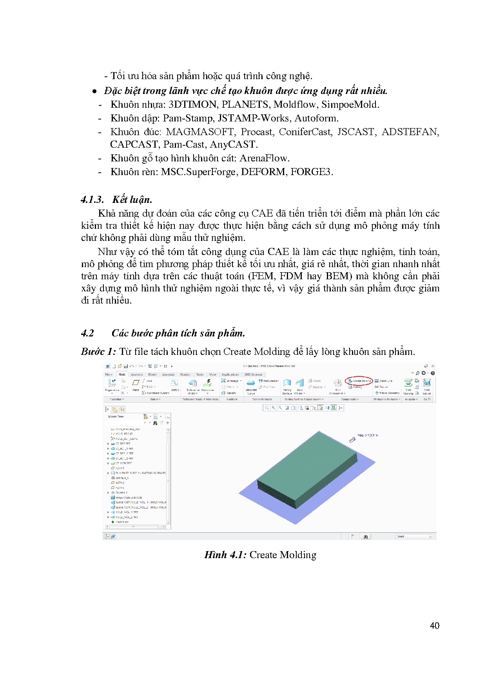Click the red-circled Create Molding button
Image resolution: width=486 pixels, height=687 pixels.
[359, 381]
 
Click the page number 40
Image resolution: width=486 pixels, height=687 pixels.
[434, 626]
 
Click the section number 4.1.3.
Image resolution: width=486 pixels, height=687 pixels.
[92, 200]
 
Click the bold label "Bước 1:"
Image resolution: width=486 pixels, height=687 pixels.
[98, 352]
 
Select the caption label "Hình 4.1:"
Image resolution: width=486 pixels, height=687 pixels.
[225, 555]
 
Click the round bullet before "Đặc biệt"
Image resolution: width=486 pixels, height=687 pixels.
[94, 91]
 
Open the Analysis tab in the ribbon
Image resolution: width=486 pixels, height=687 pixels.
[137, 374]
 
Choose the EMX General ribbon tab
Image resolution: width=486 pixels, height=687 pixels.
[254, 374]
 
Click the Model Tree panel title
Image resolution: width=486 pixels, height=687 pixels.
[116, 417]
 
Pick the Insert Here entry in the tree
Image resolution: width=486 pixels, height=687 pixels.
[122, 522]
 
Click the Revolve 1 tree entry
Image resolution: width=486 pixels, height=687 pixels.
[121, 493]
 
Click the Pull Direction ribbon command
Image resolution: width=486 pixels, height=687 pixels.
[270, 381]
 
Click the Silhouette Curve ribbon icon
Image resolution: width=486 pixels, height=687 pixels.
[251, 384]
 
